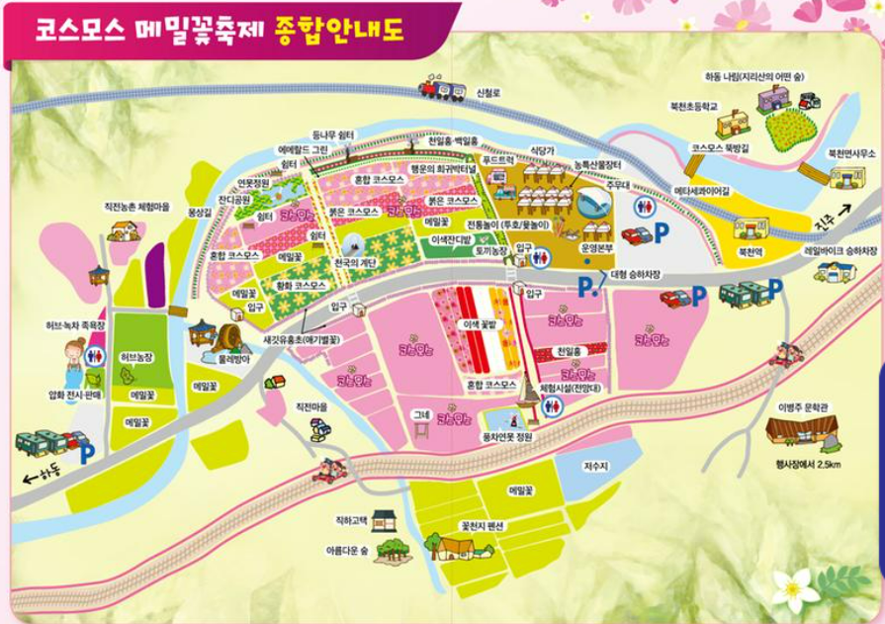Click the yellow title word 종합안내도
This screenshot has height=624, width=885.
[x=348, y=29]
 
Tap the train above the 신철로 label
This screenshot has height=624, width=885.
[x=442, y=89]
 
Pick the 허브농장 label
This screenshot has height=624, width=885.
[x=134, y=356]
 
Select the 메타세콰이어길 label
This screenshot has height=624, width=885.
[x=702, y=190]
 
